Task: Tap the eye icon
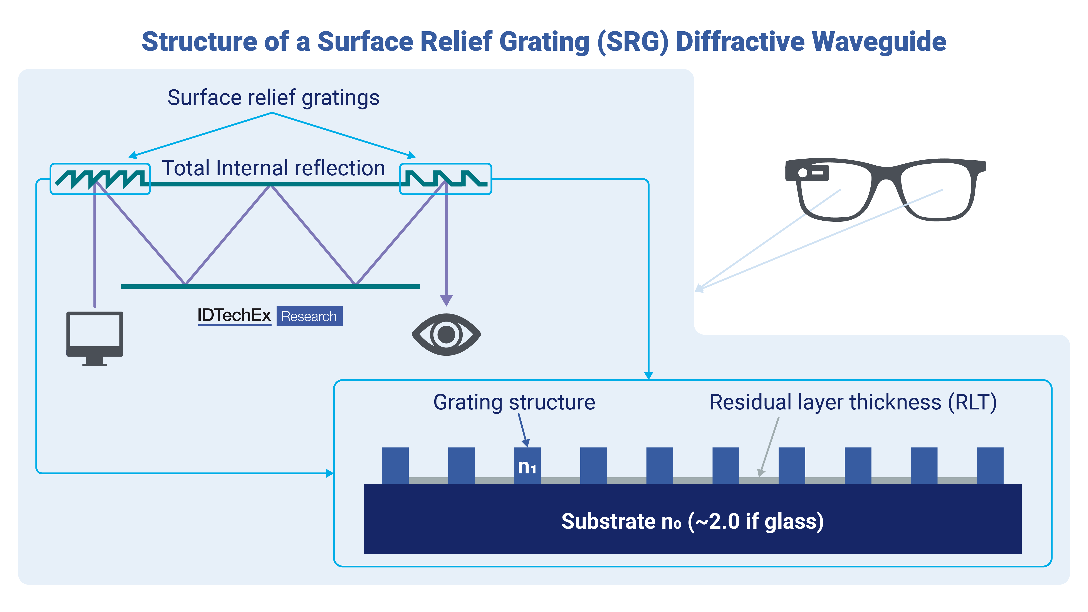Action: pos(446,335)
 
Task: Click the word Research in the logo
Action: pos(309,316)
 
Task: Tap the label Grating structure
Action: pos(514,402)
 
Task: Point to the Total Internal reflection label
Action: pos(274,168)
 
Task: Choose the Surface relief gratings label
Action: pos(273,97)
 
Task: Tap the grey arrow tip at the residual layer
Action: pos(761,473)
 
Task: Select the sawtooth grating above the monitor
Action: pos(100,179)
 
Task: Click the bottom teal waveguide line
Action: pos(270,286)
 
